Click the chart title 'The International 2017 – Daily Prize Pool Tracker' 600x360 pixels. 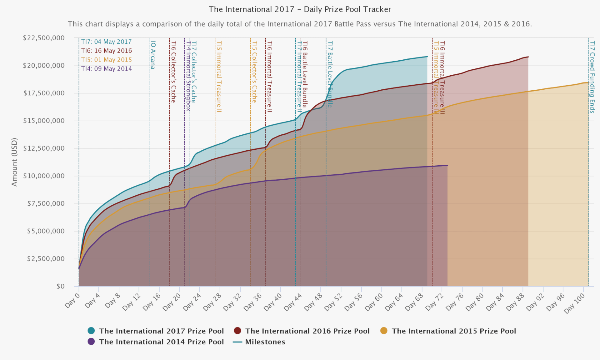300,9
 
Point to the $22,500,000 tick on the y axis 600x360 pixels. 44,38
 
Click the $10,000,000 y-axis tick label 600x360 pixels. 44,176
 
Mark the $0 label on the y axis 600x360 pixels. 60,286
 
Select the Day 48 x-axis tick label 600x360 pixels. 313,302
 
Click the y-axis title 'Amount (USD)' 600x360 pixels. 14,162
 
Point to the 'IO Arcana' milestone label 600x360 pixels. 153,55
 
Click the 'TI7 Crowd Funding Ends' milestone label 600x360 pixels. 592,77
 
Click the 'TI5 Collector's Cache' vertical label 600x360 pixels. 254,72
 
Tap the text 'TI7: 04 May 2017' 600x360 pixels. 106,42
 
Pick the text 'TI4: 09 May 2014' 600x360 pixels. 106,69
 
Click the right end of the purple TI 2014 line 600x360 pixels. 447,166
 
